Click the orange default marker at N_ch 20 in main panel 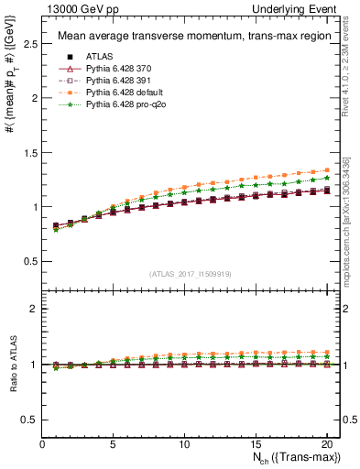coord(326,169)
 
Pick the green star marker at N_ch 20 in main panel coord(326,178)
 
